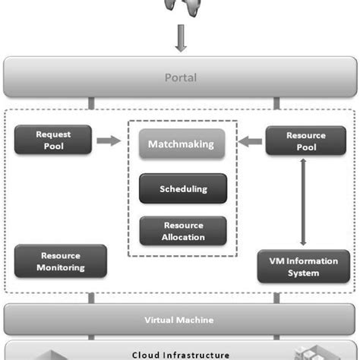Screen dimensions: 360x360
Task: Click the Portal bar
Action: pos(180,77)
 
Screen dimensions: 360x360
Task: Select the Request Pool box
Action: pos(52,141)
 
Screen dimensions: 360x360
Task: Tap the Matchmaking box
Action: pos(182,144)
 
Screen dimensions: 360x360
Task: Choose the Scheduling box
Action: pos(182,188)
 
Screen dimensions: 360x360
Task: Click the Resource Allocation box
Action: pos(182,231)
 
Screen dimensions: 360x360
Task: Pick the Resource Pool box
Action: pos(306,141)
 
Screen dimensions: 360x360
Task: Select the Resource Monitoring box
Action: pos(60,261)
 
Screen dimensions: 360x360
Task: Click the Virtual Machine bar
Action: pos(180,320)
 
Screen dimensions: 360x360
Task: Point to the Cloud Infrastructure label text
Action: pos(180,354)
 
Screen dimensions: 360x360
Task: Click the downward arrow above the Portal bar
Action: pos(180,39)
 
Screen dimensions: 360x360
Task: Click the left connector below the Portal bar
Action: pos(91,103)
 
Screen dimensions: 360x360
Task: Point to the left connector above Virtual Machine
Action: pos(91,298)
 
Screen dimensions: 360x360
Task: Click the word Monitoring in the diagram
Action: pos(60,267)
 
